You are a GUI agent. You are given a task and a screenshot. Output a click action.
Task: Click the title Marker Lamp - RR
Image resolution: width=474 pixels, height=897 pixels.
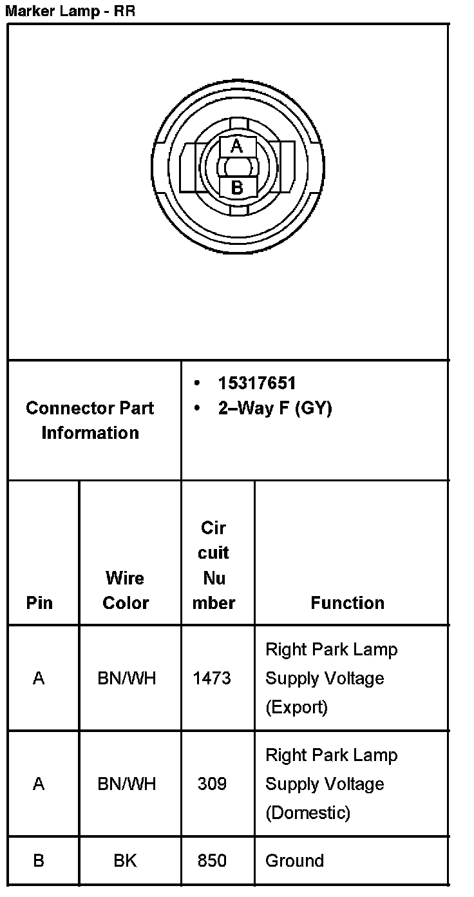click(70, 11)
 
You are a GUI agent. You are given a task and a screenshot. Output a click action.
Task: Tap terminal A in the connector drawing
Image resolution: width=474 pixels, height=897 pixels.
click(237, 146)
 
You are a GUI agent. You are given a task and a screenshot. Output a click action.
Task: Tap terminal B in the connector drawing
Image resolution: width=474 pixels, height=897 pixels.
click(237, 188)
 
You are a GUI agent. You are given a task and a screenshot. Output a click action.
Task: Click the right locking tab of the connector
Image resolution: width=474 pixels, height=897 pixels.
click(287, 167)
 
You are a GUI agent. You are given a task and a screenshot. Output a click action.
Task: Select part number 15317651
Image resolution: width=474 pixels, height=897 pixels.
click(256, 383)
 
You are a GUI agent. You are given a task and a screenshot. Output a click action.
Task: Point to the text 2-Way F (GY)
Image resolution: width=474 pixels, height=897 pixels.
click(274, 409)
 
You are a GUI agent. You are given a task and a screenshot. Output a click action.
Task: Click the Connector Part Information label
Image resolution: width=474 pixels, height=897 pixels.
click(90, 420)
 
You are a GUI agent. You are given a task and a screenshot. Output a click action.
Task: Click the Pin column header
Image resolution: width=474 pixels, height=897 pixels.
click(39, 603)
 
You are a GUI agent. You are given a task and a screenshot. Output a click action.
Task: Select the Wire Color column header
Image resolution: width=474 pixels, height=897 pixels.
click(126, 590)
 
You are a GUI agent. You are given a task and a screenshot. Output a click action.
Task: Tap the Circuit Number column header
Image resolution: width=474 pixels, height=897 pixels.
click(214, 565)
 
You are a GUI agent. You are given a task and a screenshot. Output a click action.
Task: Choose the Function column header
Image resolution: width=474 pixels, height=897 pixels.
click(347, 603)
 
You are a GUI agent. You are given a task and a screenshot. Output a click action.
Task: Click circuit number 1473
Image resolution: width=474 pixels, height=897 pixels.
click(211, 678)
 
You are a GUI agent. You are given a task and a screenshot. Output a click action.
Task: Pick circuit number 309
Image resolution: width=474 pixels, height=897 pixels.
click(212, 784)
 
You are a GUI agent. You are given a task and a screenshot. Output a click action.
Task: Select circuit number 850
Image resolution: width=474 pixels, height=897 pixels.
click(212, 860)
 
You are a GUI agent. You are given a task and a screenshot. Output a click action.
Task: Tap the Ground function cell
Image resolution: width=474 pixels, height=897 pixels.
click(294, 860)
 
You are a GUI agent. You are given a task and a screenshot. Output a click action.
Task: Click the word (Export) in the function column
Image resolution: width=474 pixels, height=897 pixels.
click(296, 707)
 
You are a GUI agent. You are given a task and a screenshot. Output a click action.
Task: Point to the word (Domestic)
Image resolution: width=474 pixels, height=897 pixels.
click(308, 813)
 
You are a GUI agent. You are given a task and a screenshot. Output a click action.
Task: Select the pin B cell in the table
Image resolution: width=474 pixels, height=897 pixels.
click(39, 860)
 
